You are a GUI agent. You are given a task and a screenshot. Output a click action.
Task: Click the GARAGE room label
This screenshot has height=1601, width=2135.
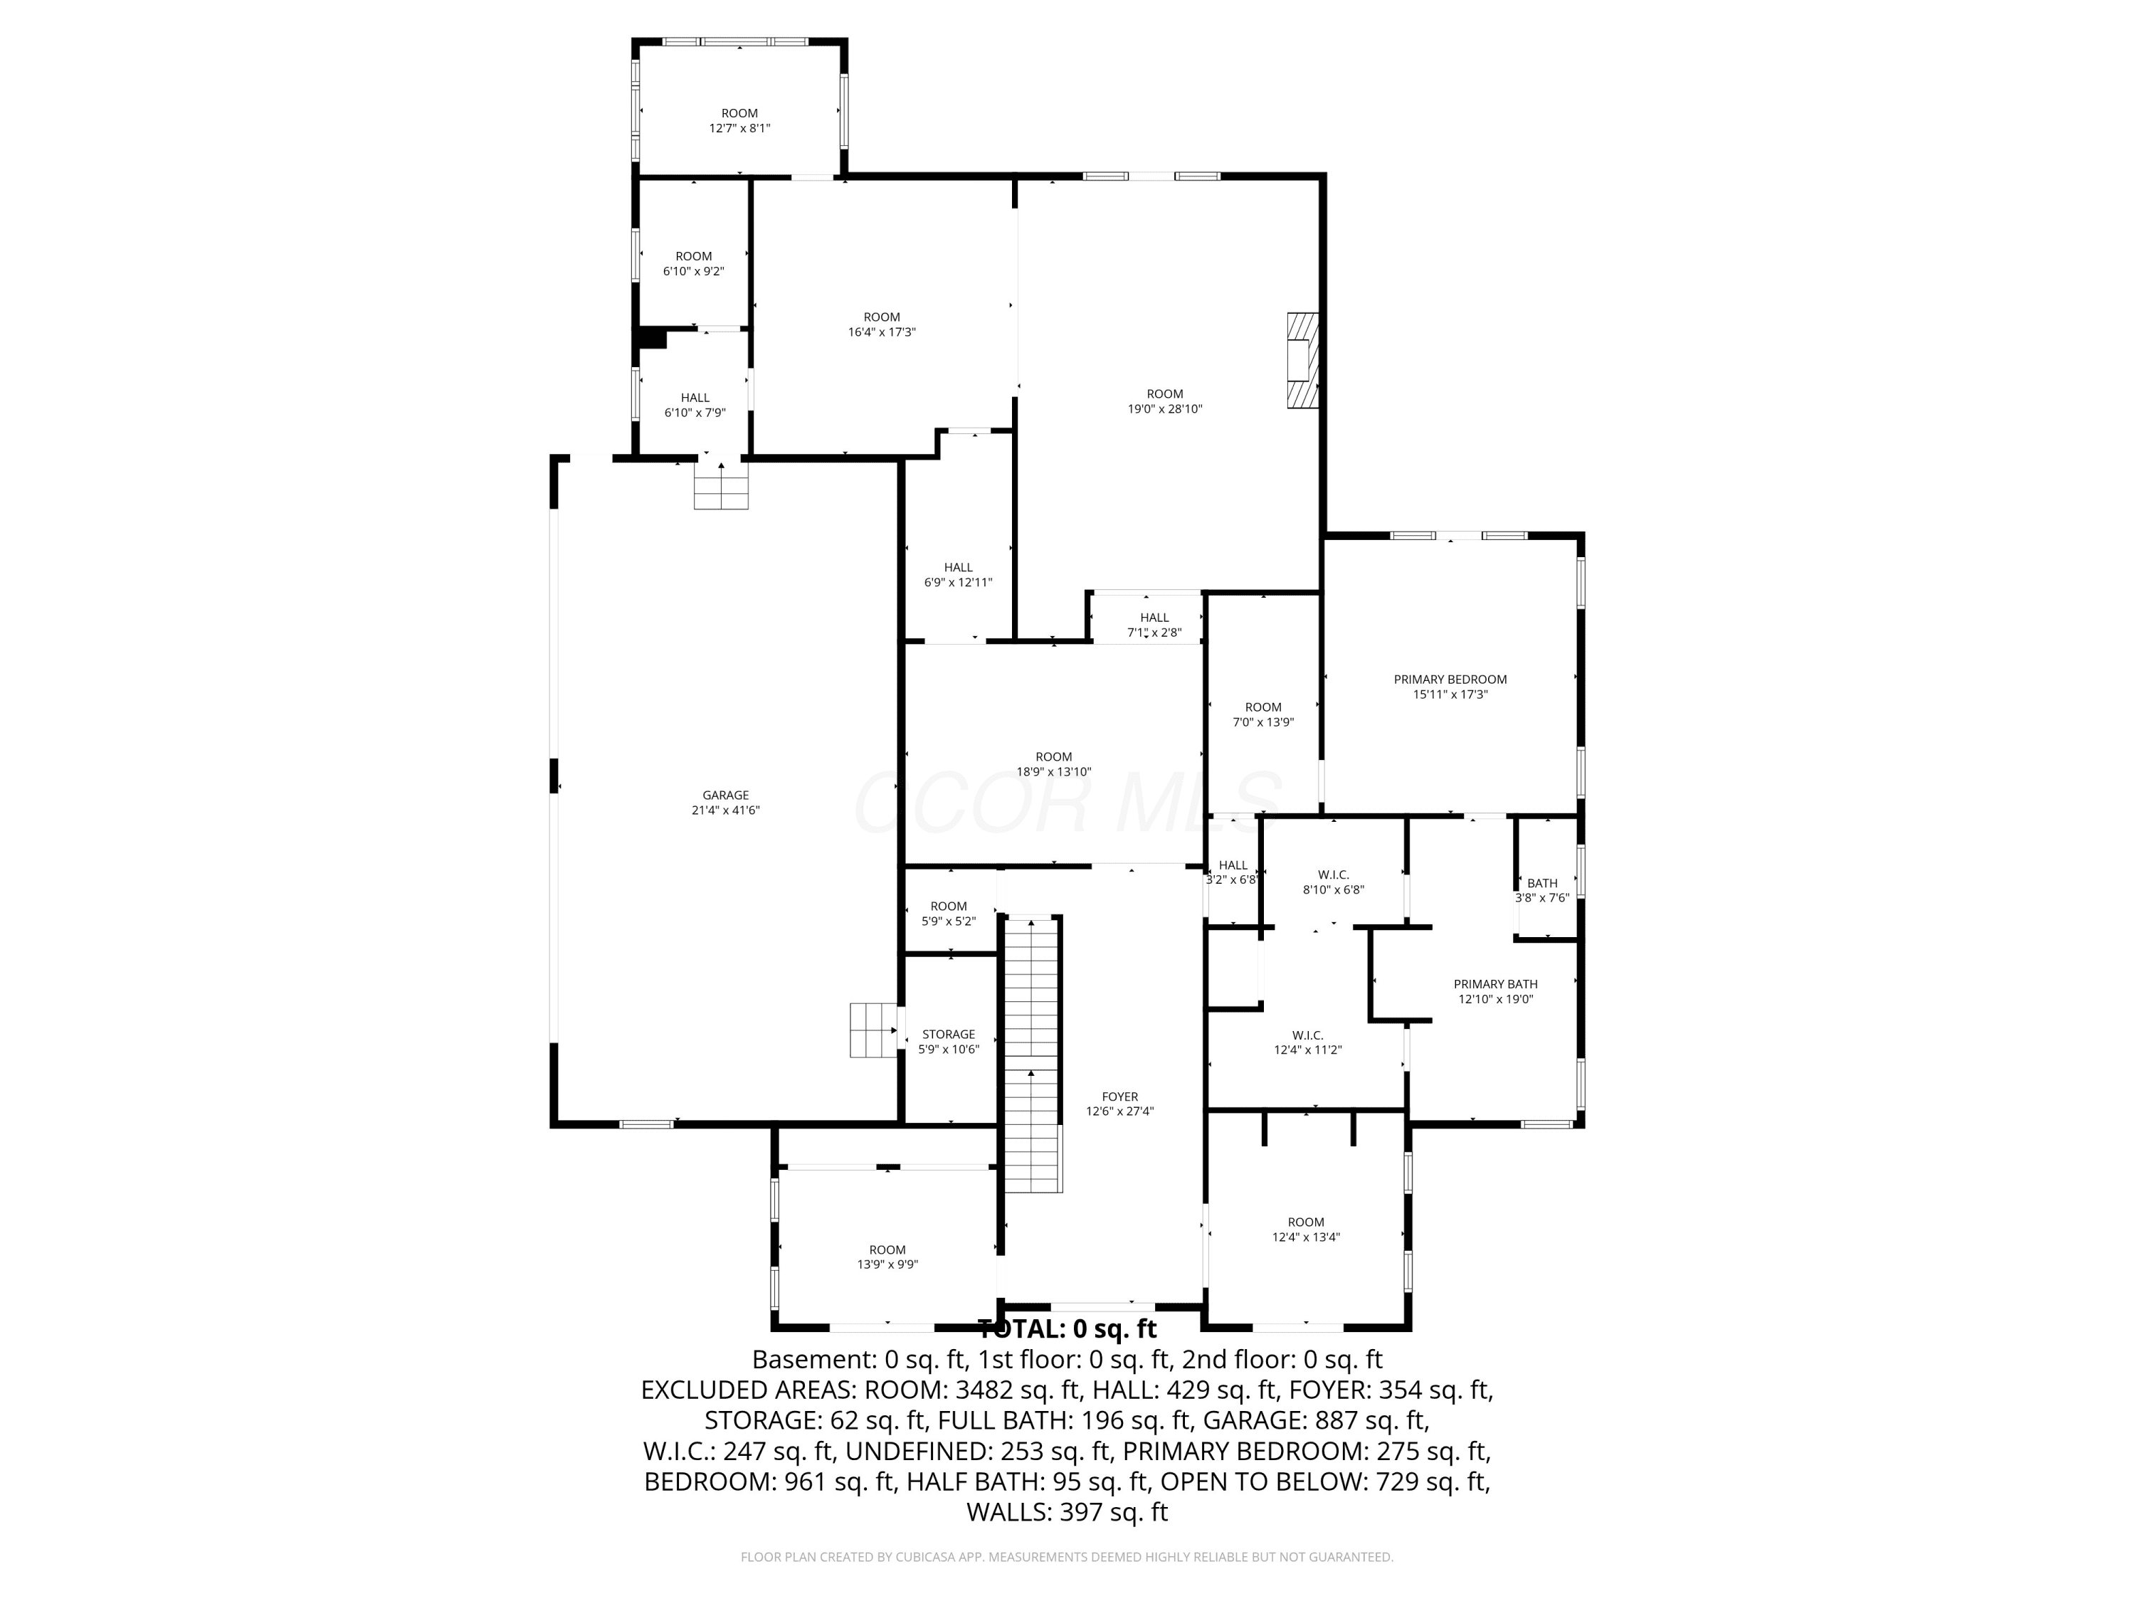725,796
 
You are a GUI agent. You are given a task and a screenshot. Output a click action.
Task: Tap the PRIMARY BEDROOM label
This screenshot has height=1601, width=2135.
1450,680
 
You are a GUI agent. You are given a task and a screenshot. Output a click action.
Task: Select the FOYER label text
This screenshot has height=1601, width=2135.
1119,1097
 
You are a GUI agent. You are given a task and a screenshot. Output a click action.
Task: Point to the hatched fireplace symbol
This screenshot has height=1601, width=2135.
1303,360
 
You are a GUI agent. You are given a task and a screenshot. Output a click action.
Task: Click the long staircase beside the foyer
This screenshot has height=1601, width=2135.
1033,1054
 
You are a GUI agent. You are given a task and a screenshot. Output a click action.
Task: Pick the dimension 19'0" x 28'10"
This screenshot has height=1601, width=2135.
1165,408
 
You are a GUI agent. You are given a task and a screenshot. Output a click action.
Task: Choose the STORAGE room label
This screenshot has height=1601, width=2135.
949,1035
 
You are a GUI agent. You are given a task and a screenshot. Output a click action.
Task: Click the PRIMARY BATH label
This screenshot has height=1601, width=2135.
1495,984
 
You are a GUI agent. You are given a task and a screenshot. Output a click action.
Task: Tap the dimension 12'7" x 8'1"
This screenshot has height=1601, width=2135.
739,128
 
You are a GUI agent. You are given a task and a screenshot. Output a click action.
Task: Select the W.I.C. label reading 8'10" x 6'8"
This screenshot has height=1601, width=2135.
1333,875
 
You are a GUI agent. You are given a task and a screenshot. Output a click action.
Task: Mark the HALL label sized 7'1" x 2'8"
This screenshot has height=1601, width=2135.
1154,618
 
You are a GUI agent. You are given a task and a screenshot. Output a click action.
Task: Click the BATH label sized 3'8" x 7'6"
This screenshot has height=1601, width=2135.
1542,883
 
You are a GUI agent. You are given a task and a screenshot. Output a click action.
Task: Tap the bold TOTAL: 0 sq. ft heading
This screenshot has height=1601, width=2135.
1067,1329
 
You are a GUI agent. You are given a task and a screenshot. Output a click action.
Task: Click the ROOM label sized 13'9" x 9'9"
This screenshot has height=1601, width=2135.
887,1249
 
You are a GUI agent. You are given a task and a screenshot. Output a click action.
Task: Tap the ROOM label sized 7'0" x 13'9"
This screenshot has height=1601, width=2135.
1262,707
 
